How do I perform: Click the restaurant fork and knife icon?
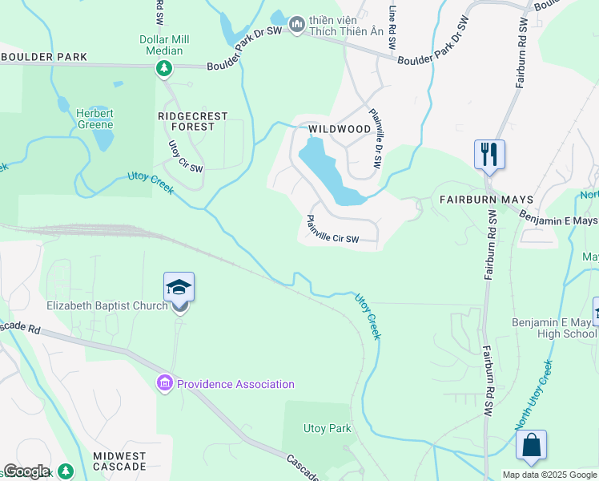(489, 152)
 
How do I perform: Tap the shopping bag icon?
(531, 445)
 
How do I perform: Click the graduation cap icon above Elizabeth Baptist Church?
(179, 287)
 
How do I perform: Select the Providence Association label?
(235, 384)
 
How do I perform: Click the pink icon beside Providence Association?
(165, 384)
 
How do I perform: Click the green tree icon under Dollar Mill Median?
(164, 69)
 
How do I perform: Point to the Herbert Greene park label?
(94, 119)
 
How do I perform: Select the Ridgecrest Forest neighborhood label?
(192, 121)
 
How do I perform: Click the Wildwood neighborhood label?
(340, 129)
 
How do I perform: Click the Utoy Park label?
(327, 428)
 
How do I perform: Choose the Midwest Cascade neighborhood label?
(119, 461)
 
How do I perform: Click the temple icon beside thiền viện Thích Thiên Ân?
(298, 26)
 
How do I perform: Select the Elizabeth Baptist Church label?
(107, 305)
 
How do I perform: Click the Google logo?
(26, 471)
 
